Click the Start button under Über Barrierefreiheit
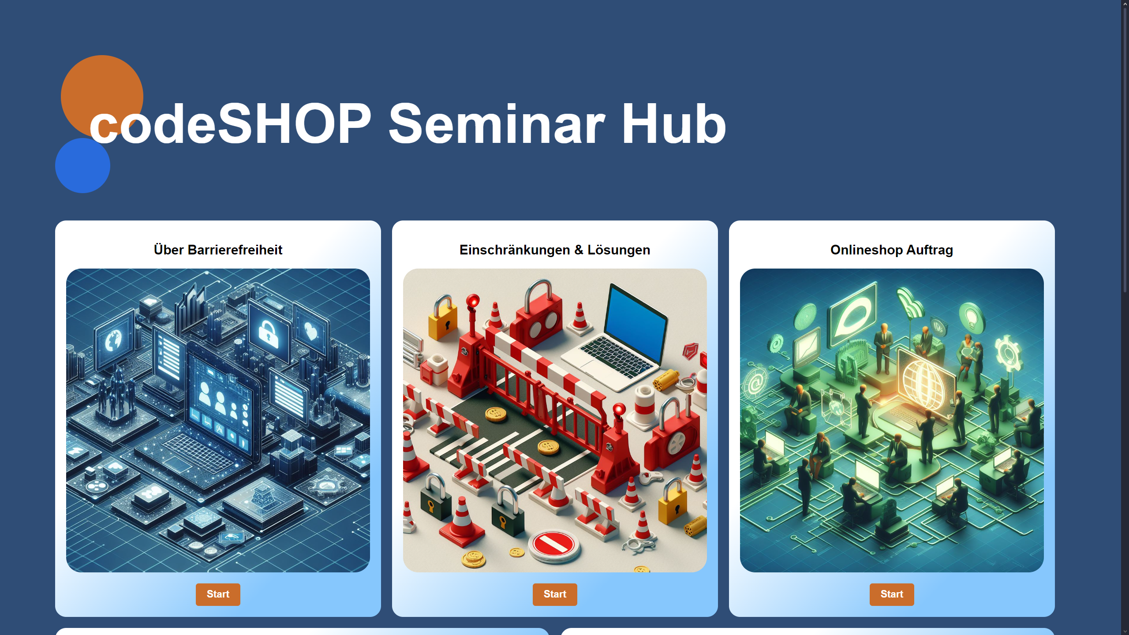tap(218, 594)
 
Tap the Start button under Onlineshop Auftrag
tap(892, 594)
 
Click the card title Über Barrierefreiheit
tap(218, 250)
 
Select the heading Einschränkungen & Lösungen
tap(555, 250)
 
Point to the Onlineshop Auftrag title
tap(892, 250)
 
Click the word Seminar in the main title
tap(497, 124)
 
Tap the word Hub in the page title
tap(674, 124)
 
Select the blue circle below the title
tap(82, 165)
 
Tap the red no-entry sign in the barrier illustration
tap(554, 545)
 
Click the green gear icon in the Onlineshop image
tap(1008, 353)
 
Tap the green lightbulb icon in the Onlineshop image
tap(972, 317)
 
